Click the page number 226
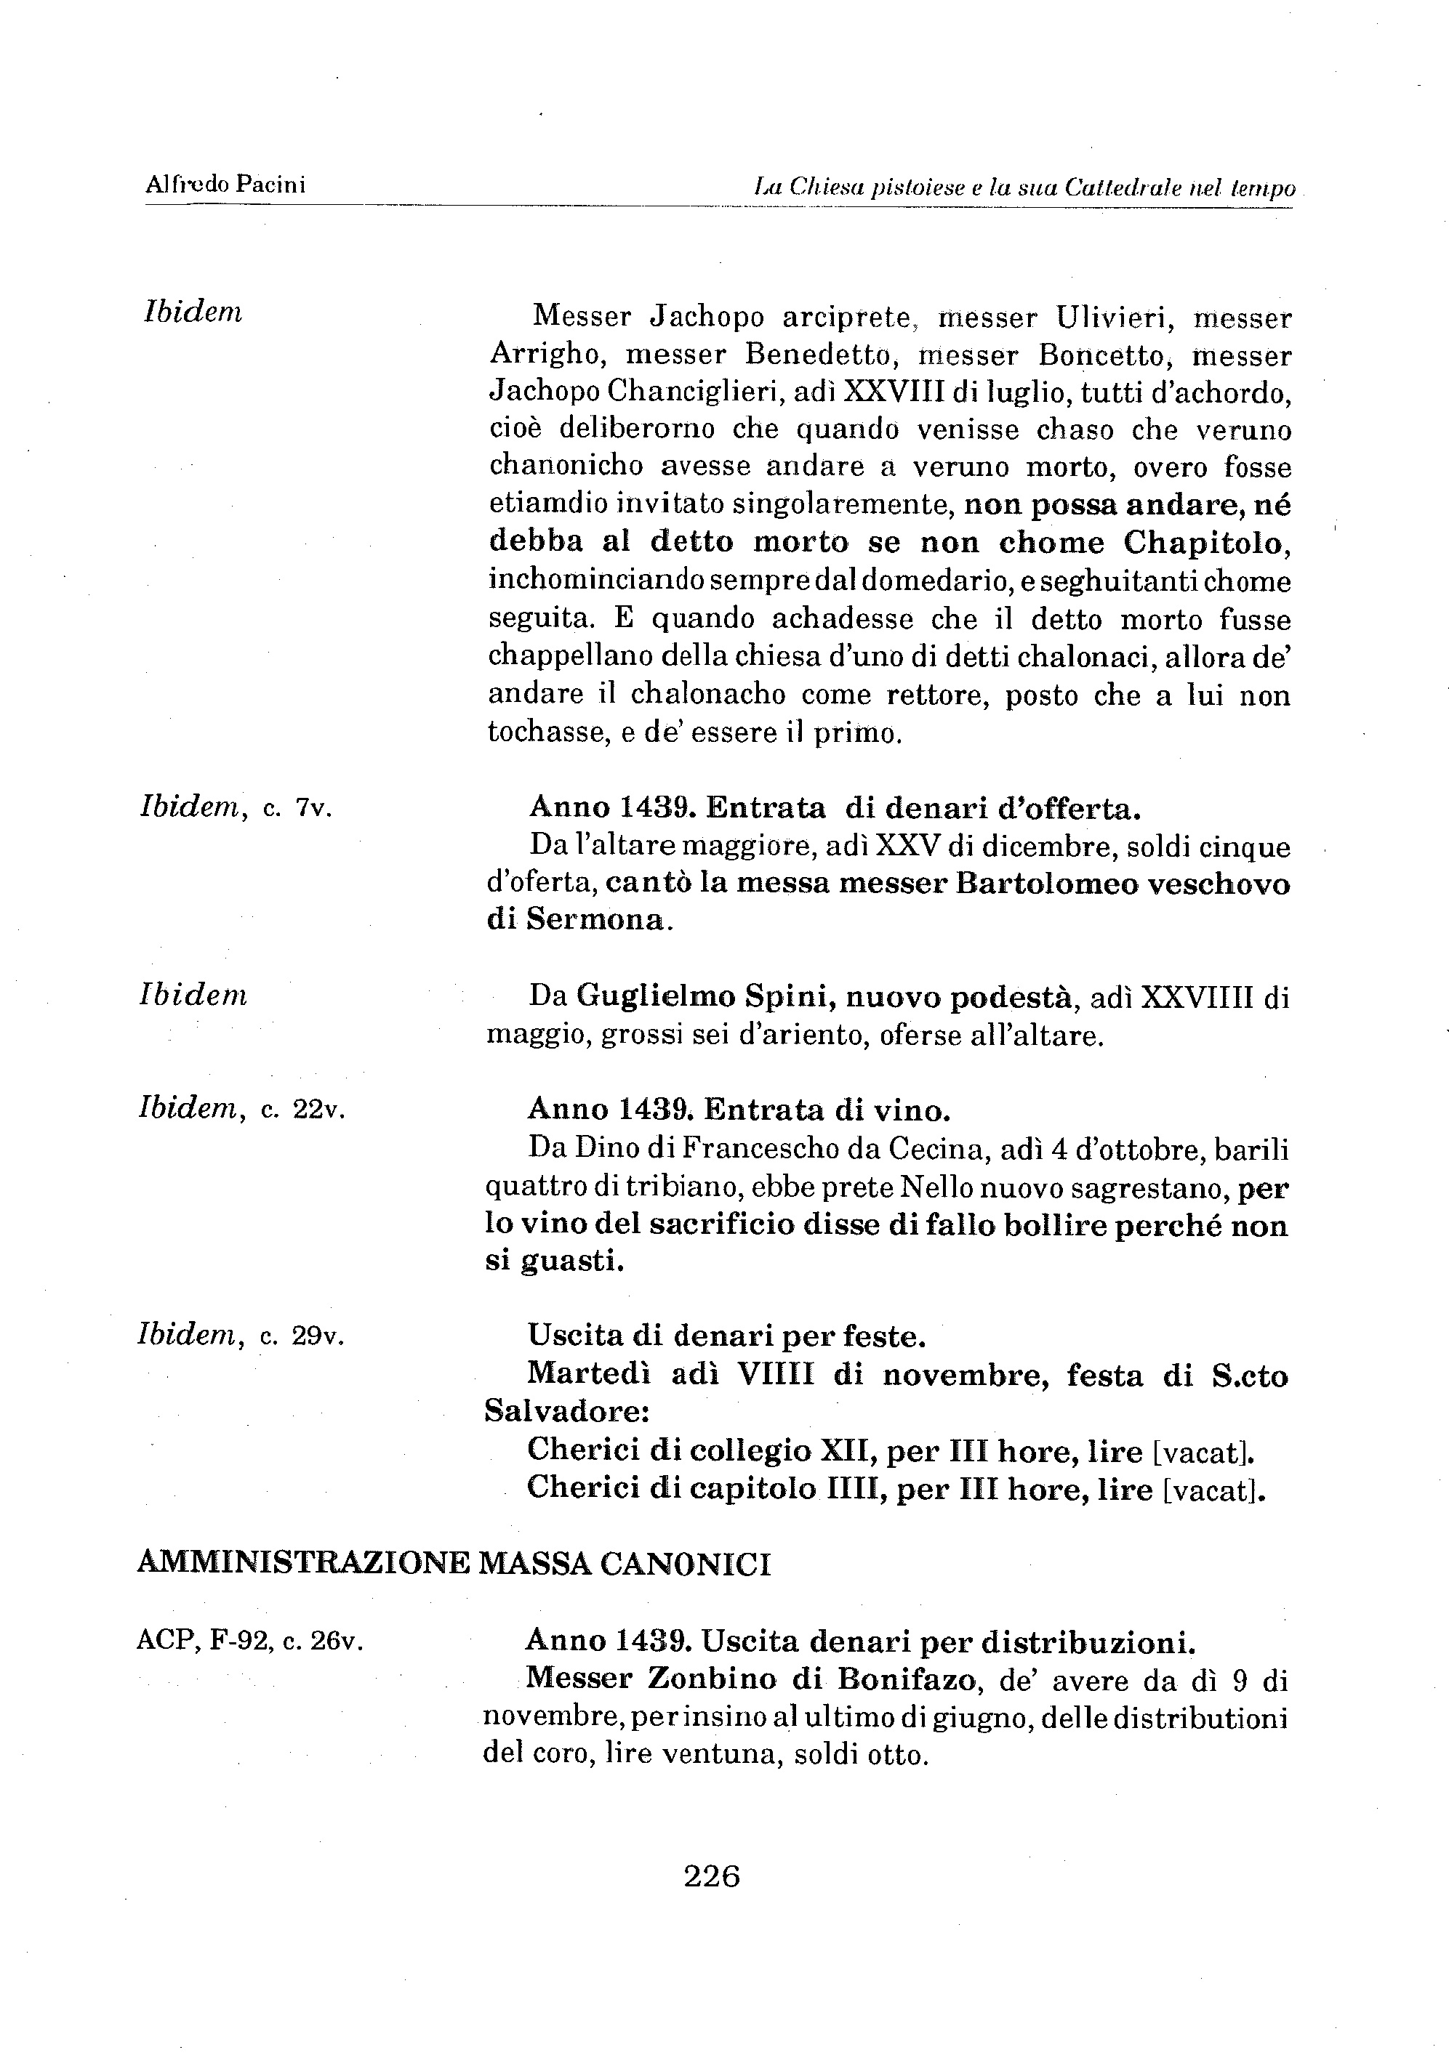(x=712, y=1875)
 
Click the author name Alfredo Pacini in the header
(x=225, y=185)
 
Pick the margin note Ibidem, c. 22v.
(x=241, y=1109)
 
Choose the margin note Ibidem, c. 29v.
(x=240, y=1336)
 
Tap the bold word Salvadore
(x=565, y=1411)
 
